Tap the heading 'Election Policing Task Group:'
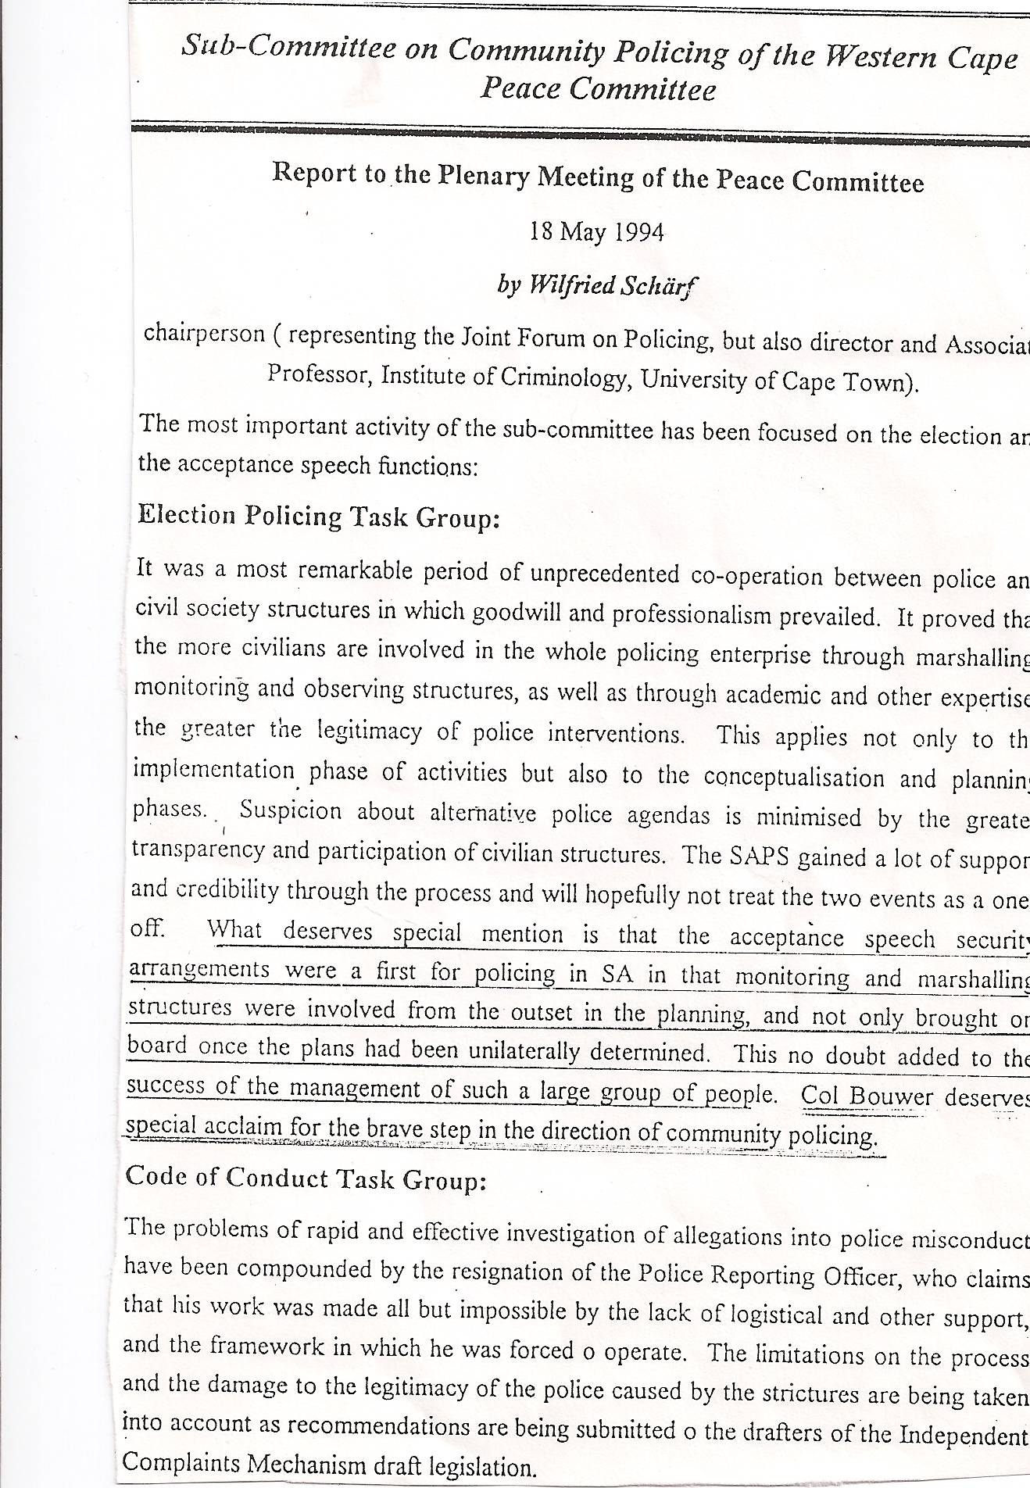click(x=318, y=517)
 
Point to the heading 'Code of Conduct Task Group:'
click(x=306, y=1178)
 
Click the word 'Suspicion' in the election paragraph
click(x=291, y=810)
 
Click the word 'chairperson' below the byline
click(x=204, y=334)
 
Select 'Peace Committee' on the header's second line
click(x=598, y=89)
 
